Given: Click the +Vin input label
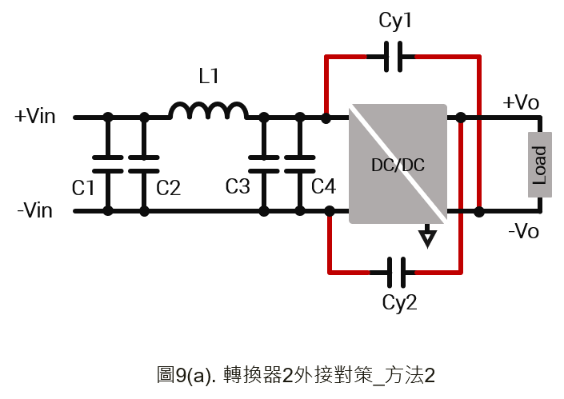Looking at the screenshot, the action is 35,116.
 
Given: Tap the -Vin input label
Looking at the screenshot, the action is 35,210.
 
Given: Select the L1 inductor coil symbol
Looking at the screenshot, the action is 209,110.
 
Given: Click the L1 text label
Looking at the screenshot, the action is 209,76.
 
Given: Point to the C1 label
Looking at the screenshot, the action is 83,188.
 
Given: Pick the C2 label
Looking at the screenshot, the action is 168,188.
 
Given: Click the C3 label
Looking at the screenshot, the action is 238,186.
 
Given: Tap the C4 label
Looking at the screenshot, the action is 323,186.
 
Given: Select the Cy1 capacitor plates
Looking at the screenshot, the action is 393,57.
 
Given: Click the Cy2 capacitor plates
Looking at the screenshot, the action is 396,273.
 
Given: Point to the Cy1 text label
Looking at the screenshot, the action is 395,21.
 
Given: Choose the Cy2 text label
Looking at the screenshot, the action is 399,303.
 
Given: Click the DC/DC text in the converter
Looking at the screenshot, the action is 398,165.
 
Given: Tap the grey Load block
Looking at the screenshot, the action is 539,165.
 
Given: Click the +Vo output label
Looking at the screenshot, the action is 521,102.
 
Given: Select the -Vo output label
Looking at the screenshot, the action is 523,230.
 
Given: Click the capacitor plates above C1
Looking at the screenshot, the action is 108,164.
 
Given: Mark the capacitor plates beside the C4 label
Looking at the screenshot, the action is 300,164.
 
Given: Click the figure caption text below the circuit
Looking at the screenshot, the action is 296,375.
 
